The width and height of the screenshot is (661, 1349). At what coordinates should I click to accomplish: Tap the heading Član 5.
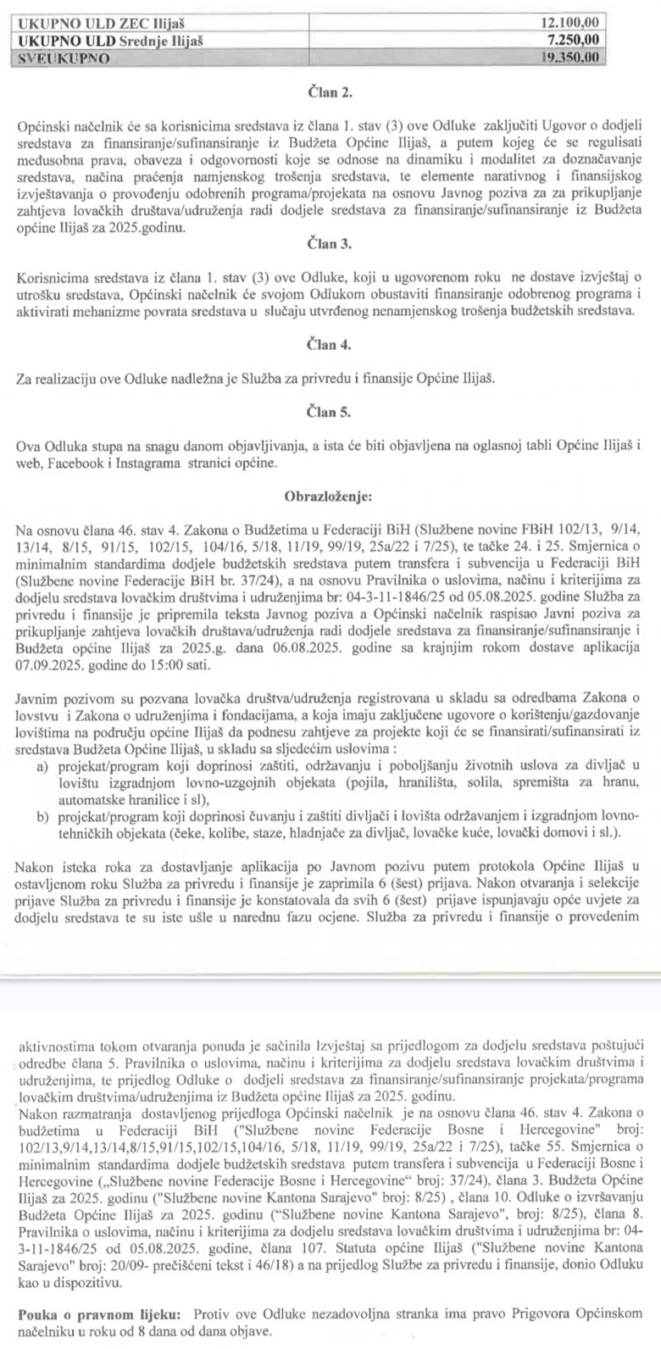click(x=330, y=413)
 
